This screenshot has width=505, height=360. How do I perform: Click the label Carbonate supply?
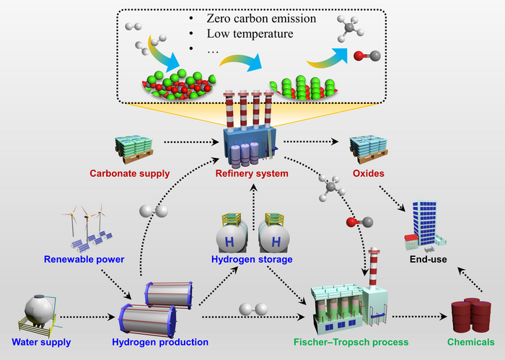pos(129,173)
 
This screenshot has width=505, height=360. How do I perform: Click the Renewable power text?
pos(84,258)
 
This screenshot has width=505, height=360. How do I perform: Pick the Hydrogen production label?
pos(155,341)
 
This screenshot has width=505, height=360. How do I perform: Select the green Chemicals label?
pos(470,341)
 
